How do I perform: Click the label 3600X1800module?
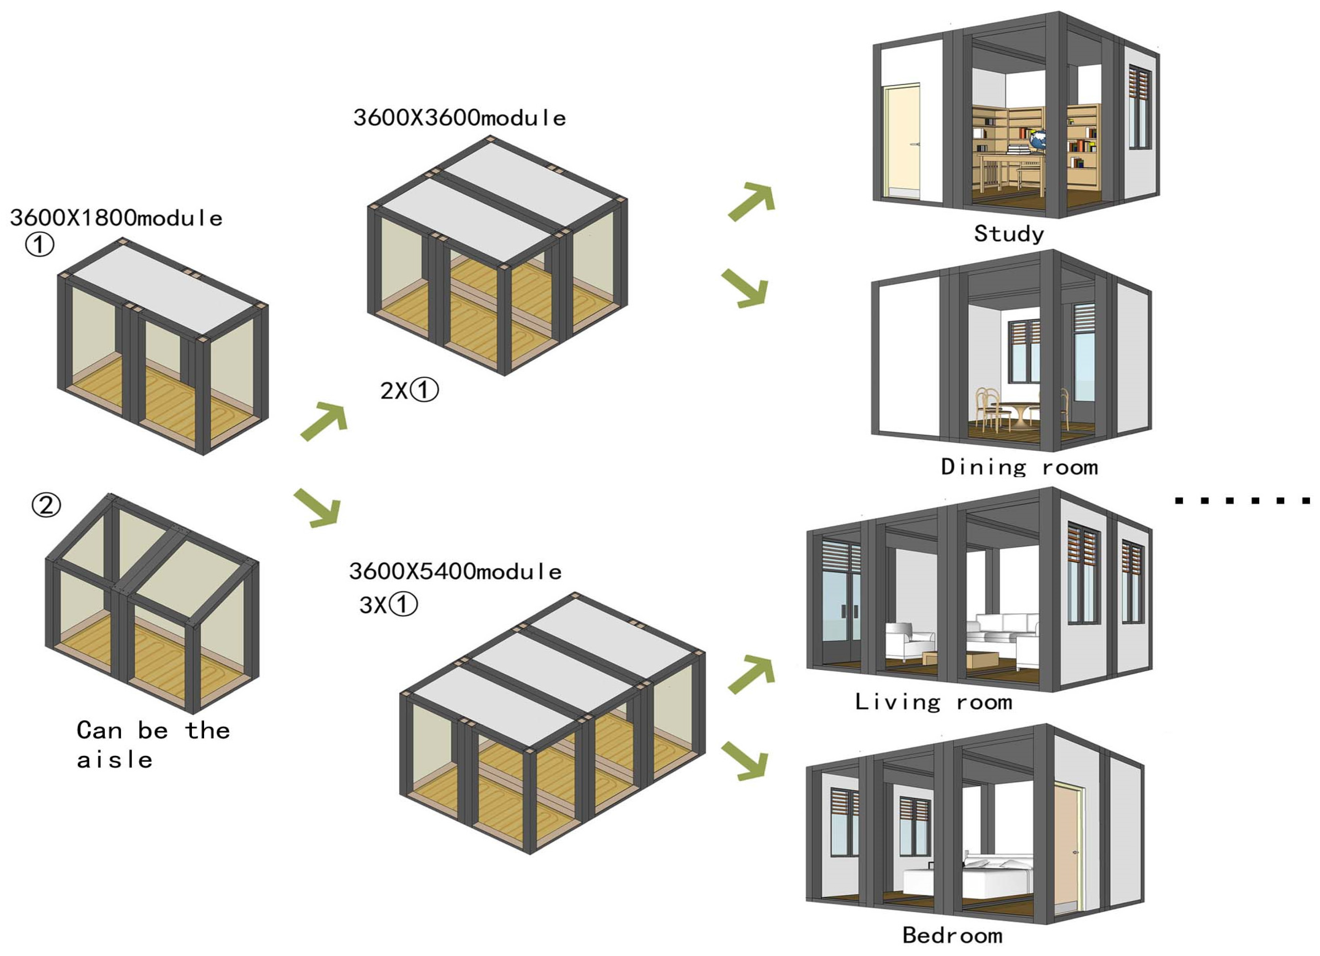116,218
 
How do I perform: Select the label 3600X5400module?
455,571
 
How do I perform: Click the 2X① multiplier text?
409,390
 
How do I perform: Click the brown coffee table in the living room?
982,659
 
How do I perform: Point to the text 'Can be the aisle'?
153,745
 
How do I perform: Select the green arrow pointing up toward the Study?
752,201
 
